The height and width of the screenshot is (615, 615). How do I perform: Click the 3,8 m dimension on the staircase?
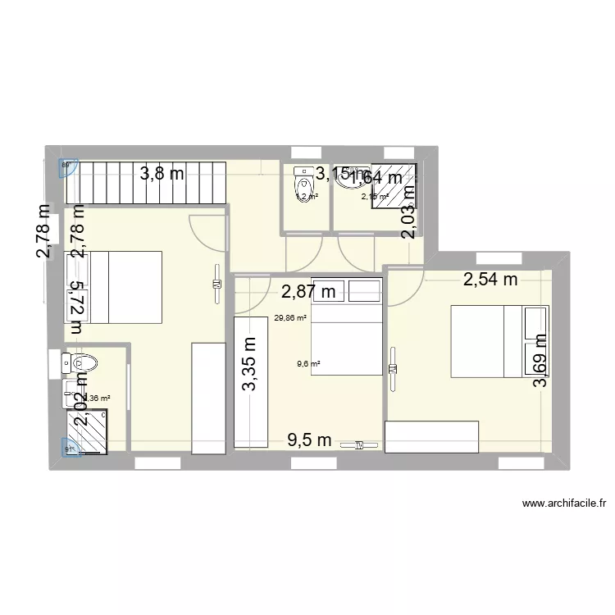162,173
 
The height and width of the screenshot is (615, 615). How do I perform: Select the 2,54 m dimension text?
490,280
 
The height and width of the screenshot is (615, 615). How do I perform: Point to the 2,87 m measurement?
308,291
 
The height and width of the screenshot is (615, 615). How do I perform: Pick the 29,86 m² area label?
290,318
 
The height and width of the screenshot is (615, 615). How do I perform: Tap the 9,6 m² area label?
308,367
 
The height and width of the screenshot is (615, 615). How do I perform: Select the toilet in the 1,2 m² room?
301,183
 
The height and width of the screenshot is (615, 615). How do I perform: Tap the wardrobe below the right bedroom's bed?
431,436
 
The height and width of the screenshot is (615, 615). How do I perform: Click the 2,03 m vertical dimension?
408,211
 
